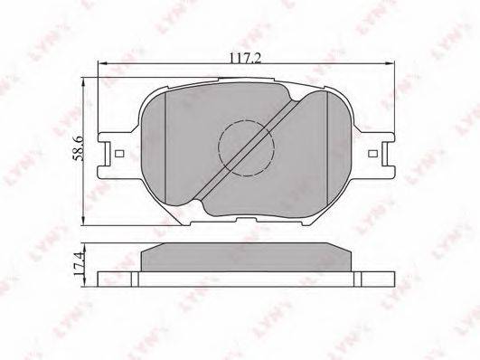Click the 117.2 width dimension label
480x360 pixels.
pyautogui.click(x=245, y=58)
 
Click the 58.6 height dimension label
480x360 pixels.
pyautogui.click(x=78, y=149)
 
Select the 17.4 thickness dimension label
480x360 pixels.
pyautogui.click(x=78, y=263)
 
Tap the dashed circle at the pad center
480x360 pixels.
pyautogui.click(x=246, y=148)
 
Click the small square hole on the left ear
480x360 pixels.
pyautogui.click(x=119, y=153)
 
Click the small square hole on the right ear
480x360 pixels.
pyautogui.click(x=372, y=153)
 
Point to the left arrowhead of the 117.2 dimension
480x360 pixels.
pyautogui.click(x=101, y=63)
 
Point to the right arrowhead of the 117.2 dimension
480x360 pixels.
pyautogui.click(x=391, y=63)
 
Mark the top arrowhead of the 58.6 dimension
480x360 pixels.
pyautogui.click(x=82, y=81)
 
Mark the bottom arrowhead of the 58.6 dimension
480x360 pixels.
pyautogui.click(x=82, y=222)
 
